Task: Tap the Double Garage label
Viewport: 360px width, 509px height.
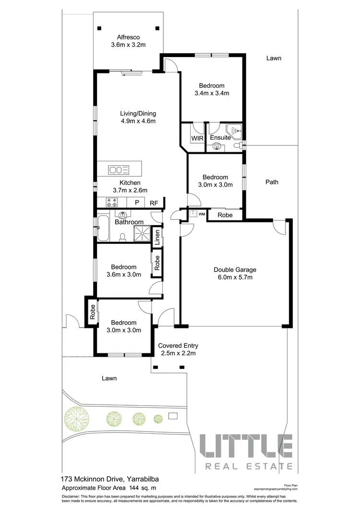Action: click(235, 269)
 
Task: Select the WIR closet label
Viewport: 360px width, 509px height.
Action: click(198, 138)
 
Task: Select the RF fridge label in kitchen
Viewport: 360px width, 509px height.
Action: click(154, 203)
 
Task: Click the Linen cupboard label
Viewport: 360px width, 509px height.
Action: click(156, 237)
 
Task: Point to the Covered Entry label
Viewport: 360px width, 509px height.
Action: click(178, 346)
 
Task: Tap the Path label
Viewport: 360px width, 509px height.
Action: click(272, 182)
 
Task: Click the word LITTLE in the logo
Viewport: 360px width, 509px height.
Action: click(245, 446)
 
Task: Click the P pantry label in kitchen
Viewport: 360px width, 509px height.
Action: click(137, 203)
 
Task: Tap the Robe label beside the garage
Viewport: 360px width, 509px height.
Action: click(225, 215)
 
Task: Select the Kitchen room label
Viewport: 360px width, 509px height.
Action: click(130, 183)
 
